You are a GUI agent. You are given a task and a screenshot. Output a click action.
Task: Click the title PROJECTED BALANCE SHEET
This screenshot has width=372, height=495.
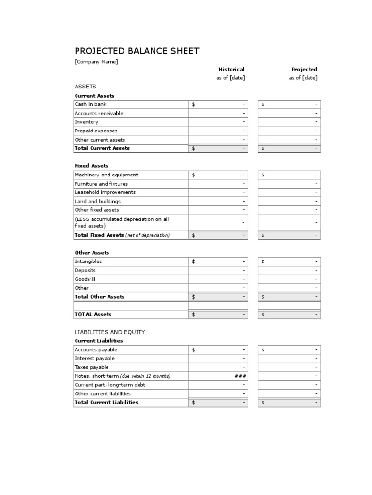click(x=137, y=51)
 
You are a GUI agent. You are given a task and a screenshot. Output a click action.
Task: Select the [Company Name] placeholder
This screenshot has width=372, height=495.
click(x=96, y=62)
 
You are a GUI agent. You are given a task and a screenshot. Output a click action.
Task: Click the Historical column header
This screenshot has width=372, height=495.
click(x=232, y=69)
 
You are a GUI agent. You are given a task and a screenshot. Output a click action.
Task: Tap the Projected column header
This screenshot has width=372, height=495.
click(x=304, y=69)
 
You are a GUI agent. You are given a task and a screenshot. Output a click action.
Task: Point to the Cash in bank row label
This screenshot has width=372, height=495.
click(x=90, y=104)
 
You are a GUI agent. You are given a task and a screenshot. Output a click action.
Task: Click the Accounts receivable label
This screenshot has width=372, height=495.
click(x=99, y=113)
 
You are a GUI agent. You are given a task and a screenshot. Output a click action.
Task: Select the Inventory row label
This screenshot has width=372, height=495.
click(x=86, y=122)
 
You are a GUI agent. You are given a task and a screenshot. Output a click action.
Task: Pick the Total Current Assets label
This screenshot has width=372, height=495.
click(x=102, y=148)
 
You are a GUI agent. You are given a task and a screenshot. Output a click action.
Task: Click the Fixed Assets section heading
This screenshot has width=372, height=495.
click(x=91, y=166)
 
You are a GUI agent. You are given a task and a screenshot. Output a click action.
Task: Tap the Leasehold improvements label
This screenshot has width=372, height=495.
click(x=105, y=192)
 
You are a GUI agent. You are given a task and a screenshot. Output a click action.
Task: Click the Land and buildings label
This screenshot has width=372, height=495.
click(x=97, y=201)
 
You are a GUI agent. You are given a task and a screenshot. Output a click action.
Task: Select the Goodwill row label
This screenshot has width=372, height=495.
click(x=85, y=279)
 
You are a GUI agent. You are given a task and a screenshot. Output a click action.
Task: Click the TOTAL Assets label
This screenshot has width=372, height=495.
click(x=93, y=314)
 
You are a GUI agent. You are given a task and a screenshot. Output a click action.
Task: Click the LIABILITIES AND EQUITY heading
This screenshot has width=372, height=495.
click(x=109, y=332)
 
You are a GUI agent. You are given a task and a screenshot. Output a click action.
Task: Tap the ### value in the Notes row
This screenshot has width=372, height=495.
click(x=240, y=376)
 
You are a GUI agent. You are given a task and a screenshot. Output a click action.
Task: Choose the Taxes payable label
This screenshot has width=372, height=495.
click(x=92, y=367)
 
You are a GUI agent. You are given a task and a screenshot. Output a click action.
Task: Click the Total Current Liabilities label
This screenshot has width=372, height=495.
click(x=106, y=402)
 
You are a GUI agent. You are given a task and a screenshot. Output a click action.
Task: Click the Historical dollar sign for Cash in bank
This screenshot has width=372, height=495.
click(x=194, y=104)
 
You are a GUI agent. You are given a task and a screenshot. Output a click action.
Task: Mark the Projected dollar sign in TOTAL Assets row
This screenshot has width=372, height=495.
click(x=263, y=314)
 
